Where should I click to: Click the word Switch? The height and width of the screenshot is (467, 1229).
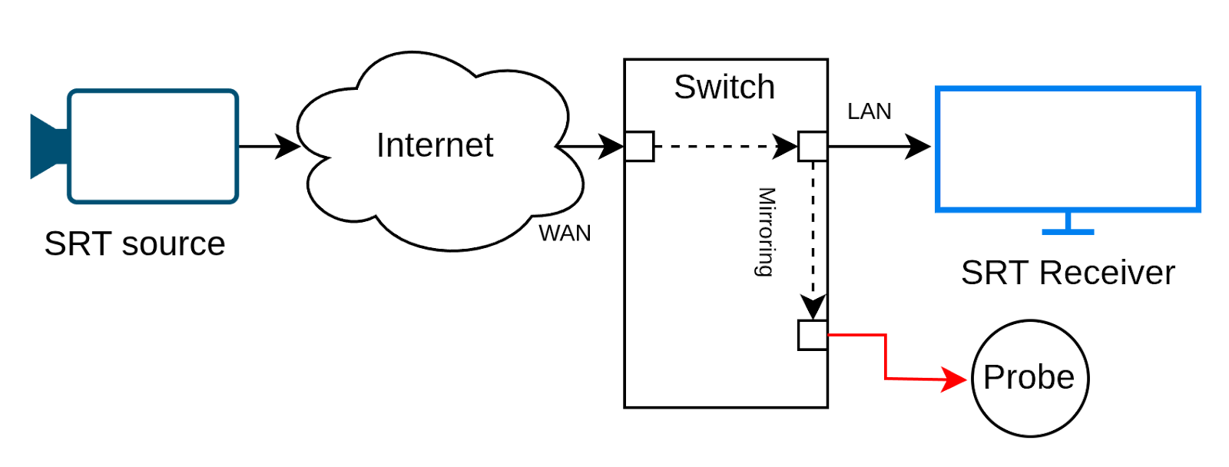(x=724, y=88)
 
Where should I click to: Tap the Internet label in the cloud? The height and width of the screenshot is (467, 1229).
(x=434, y=145)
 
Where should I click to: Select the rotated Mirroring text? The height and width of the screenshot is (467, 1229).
(x=766, y=231)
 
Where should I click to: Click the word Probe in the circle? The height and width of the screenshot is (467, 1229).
(x=1029, y=377)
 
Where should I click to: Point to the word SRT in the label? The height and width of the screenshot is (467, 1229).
(x=995, y=273)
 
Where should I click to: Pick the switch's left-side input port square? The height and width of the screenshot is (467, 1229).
(x=639, y=146)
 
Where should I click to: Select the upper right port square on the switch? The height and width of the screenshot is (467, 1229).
(x=812, y=146)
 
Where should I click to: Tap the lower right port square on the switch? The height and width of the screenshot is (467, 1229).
(x=812, y=335)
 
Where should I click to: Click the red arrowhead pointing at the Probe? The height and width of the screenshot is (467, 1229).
(x=956, y=379)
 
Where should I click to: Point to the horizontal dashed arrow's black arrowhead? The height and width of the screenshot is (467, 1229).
(x=785, y=146)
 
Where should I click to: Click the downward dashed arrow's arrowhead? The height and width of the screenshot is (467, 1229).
(x=813, y=306)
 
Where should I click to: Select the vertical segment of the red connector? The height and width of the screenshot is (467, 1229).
(x=886, y=356)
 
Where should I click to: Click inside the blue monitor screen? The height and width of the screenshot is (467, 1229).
(x=1068, y=150)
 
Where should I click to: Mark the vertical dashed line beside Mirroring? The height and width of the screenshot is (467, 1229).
(x=813, y=230)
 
